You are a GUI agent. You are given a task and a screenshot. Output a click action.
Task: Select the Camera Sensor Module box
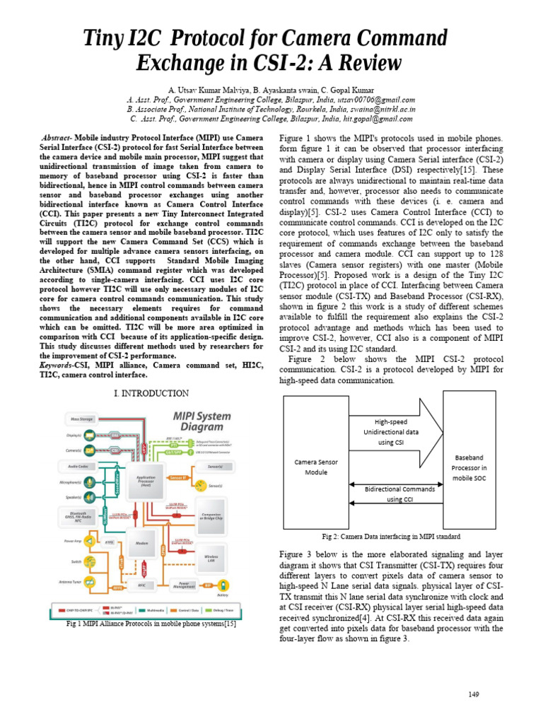pyautogui.click(x=315, y=467)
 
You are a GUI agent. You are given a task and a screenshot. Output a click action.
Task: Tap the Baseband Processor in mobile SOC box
pyautogui.click(x=469, y=467)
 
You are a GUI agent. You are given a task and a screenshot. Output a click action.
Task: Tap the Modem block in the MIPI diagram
pyautogui.click(x=141, y=543)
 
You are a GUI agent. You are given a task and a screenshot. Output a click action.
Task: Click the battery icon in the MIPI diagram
pyautogui.click(x=223, y=585)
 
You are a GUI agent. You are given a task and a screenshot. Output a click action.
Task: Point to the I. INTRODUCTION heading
pyautogui.click(x=151, y=393)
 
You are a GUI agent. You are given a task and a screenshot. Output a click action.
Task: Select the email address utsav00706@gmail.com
pyautogui.click(x=379, y=100)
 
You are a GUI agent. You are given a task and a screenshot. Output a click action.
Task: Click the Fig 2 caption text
pyautogui.click(x=391, y=537)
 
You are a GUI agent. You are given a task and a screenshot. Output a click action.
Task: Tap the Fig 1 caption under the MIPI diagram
pyautogui.click(x=151, y=624)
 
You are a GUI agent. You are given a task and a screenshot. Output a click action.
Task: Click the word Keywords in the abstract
pyautogui.click(x=57, y=365)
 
